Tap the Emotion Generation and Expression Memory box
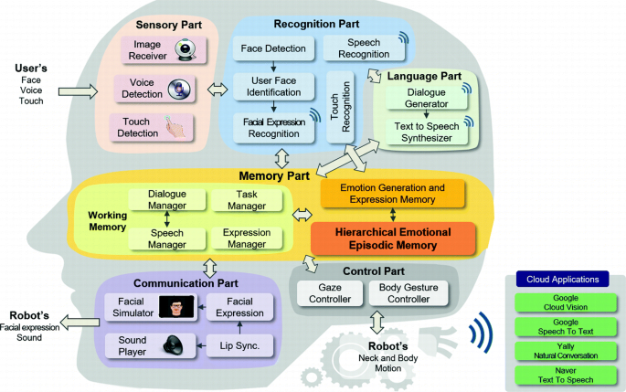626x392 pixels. point(392,194)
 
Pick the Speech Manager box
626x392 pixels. point(167,238)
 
